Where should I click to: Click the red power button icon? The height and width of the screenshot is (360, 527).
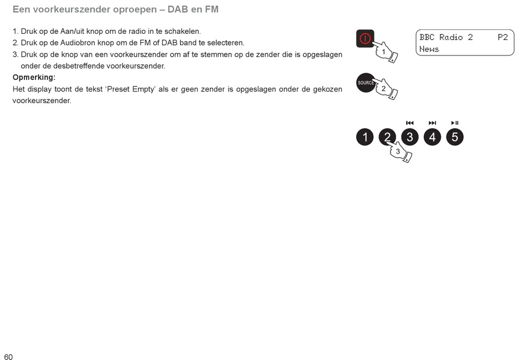[365, 38]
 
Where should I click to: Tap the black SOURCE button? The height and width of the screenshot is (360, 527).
[365, 83]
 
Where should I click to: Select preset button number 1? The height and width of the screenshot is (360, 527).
[364, 137]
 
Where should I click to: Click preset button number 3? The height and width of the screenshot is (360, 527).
[410, 137]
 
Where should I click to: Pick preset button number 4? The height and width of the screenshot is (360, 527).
[432, 137]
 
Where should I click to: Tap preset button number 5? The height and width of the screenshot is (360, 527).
[455, 137]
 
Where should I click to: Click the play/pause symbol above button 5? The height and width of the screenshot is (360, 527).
[455, 123]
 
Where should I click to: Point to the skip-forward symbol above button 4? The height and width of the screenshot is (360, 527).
[432, 123]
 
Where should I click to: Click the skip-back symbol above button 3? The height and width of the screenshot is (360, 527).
[410, 123]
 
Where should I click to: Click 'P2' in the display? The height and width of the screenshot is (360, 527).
[503, 37]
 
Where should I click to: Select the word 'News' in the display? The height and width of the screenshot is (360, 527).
[429, 49]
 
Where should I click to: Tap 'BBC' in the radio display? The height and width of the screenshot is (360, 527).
[427, 37]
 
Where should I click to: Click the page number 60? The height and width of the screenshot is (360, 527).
[8, 357]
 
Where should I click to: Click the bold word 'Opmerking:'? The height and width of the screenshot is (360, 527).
[34, 77]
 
